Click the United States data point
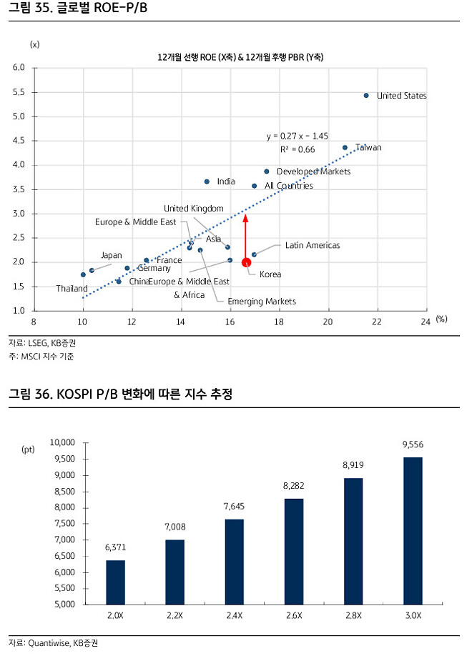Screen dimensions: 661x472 point(366,95)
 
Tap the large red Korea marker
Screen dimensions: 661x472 point(247,262)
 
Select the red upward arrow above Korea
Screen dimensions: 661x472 point(246,236)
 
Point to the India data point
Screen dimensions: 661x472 point(207,182)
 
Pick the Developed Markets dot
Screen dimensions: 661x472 point(267,172)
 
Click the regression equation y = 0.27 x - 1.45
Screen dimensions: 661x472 point(298,136)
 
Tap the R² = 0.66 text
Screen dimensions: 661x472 point(298,149)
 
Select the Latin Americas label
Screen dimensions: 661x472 point(313,245)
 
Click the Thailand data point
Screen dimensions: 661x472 point(83,274)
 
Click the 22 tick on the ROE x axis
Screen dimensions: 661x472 point(376,321)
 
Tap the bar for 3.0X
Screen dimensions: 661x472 point(413,530)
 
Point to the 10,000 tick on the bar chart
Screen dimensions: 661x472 point(64,442)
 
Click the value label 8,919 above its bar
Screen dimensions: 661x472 point(354,465)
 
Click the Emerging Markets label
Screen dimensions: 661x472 point(261,302)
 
